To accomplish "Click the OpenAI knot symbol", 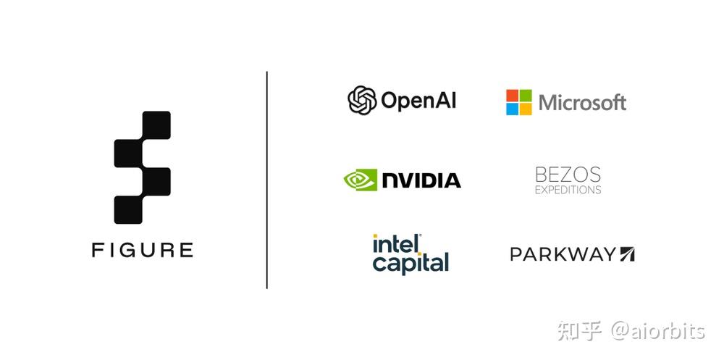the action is click(x=362, y=100).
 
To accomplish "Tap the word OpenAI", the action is click(x=418, y=100).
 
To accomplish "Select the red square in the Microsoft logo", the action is click(x=512, y=96).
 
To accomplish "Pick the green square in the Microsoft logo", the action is click(x=526, y=96).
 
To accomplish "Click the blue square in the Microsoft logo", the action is click(x=512, y=109).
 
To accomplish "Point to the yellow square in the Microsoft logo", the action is click(x=526, y=109).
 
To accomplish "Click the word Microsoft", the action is click(x=582, y=103).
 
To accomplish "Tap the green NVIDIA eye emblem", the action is click(x=360, y=180).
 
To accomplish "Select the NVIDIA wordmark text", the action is click(x=421, y=180).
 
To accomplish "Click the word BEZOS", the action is click(x=568, y=175).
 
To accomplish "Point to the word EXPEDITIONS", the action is click(x=568, y=190).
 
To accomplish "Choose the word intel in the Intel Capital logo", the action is click(x=397, y=243).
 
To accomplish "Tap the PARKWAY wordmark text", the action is click(x=563, y=254).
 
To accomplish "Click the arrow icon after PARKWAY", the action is click(x=626, y=254).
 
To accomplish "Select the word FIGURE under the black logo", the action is click(x=142, y=250).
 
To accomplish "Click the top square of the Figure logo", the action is click(x=156, y=125).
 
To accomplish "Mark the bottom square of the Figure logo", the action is click(x=128, y=210).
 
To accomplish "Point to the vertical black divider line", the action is click(x=267, y=180).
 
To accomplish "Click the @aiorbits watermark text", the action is click(x=658, y=331).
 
